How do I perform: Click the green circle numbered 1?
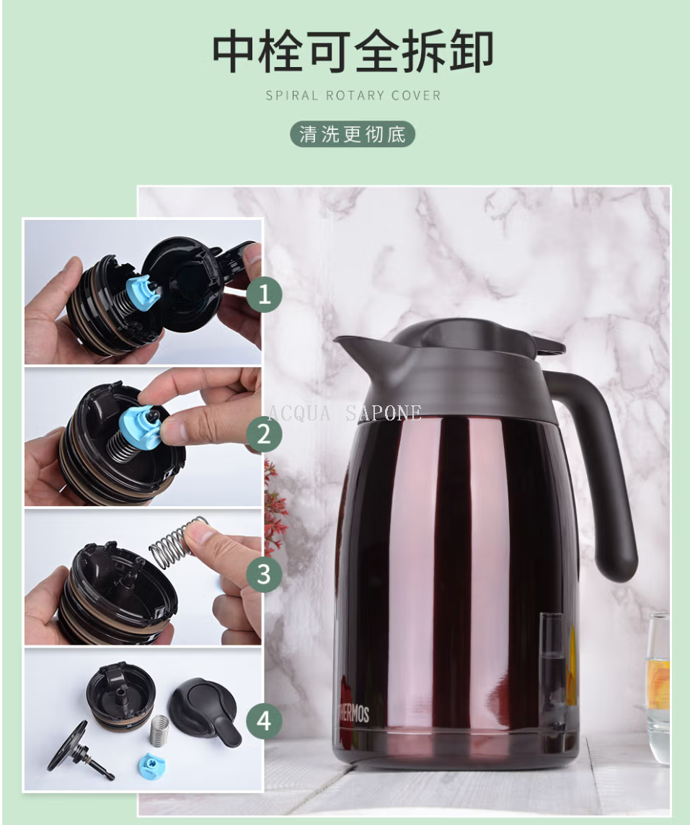click(x=264, y=294)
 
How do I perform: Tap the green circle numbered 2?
click(x=264, y=434)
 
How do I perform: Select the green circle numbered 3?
click(x=264, y=574)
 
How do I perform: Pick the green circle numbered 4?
click(x=264, y=720)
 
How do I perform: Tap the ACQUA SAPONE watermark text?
click(x=345, y=413)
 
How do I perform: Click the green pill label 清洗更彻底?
click(x=353, y=134)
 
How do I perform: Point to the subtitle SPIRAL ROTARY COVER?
click(x=353, y=96)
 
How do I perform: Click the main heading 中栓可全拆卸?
click(x=353, y=52)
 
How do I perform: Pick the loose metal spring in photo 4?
click(x=159, y=731)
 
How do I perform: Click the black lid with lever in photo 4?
click(x=205, y=707)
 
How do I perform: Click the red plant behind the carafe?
click(x=275, y=505)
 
